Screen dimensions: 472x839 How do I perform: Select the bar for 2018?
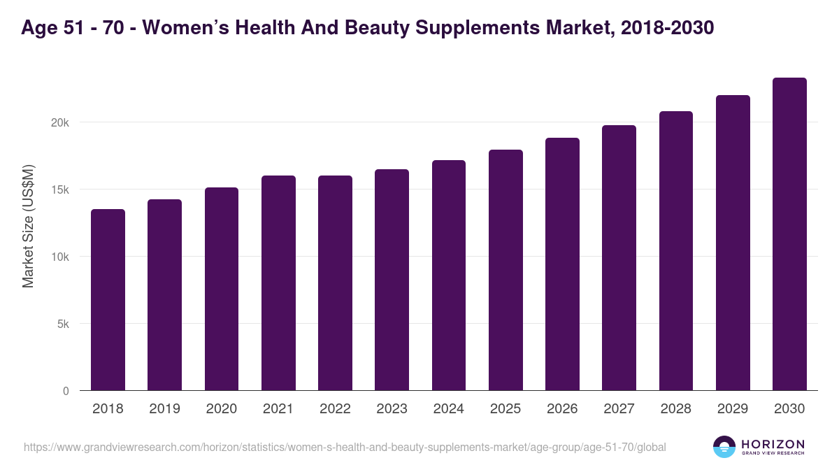(108, 300)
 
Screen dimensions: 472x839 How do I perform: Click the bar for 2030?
(789, 234)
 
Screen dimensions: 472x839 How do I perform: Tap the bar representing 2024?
(449, 276)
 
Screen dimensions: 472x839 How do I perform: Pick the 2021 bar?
(278, 283)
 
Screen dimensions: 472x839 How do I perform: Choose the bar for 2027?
(619, 258)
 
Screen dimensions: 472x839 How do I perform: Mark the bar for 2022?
(335, 283)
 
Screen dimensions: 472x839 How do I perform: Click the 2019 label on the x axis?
(164, 409)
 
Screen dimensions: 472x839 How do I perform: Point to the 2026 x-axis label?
(562, 409)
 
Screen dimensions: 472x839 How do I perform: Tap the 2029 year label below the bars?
(733, 409)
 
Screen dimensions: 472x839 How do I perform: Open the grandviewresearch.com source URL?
(345, 447)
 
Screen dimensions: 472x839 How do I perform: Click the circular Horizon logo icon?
(724, 447)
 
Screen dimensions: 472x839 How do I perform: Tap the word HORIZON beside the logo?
(773, 443)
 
